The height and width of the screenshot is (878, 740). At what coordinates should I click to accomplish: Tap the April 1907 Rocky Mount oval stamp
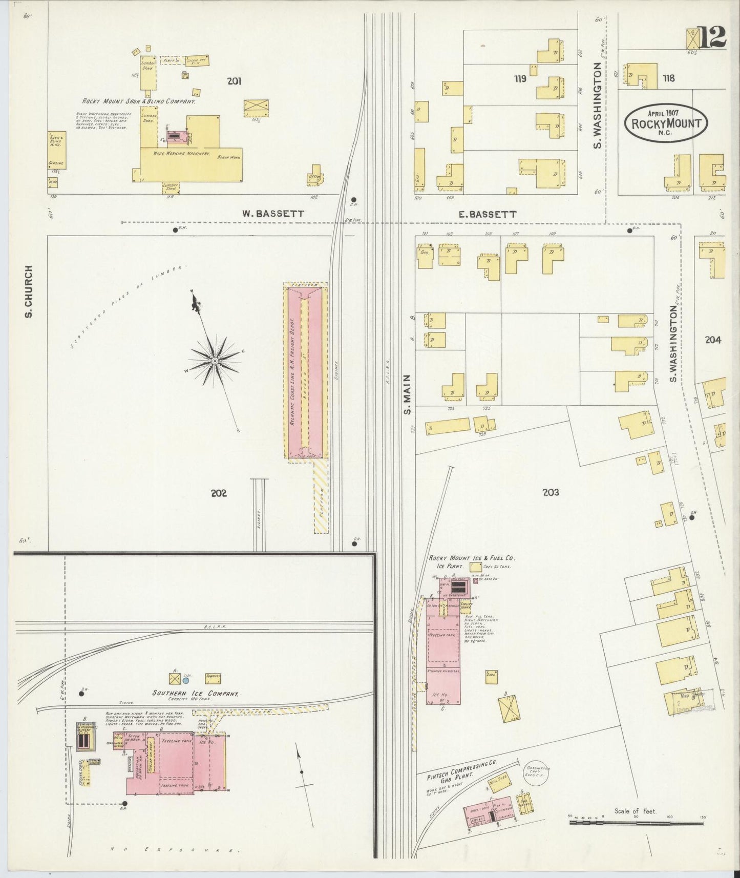click(666, 123)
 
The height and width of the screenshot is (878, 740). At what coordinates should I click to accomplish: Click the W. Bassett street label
click(273, 214)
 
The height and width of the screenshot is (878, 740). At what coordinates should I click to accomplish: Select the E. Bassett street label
click(487, 214)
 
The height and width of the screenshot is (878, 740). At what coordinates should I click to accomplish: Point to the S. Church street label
click(29, 291)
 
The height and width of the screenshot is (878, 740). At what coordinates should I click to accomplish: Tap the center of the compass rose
click(215, 361)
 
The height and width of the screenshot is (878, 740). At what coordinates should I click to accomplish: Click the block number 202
click(219, 493)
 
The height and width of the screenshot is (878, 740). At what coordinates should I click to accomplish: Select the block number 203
click(551, 492)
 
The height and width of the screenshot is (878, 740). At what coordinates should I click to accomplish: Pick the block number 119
click(520, 78)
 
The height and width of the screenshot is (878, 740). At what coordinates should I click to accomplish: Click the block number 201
click(234, 80)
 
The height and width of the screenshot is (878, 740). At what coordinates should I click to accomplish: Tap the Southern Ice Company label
click(195, 694)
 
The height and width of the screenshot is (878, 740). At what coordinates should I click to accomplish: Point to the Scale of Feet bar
click(636, 823)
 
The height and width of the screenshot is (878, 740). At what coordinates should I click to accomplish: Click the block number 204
click(713, 340)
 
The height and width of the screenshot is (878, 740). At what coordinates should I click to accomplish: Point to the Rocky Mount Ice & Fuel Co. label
click(472, 558)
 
